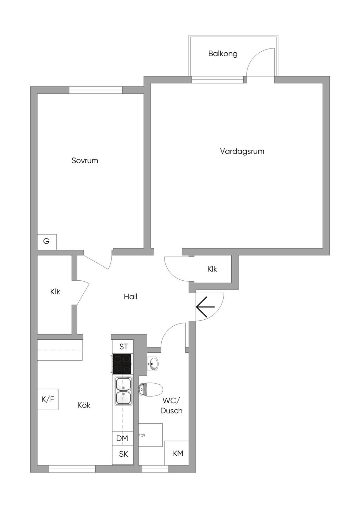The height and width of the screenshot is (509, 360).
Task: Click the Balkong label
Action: [223, 54]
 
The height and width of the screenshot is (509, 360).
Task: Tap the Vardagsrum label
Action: [242, 151]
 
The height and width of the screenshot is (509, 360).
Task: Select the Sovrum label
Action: [85, 161]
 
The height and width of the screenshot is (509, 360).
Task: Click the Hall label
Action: [130, 296]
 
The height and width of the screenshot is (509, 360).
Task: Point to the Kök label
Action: [84, 405]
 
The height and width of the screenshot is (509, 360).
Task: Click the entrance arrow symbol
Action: [205, 307]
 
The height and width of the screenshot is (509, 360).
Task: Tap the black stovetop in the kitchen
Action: [122, 364]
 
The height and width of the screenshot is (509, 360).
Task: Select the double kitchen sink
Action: [123, 390]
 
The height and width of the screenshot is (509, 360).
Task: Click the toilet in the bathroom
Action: [151, 389]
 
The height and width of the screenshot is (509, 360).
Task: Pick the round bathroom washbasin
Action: [153, 363]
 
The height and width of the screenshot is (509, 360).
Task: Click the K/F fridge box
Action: [48, 399]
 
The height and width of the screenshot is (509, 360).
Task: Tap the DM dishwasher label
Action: [122, 438]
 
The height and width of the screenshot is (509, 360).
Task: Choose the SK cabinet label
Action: [123, 454]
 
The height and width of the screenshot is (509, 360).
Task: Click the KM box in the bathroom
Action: [178, 453]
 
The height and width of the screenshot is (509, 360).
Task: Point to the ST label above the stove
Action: [123, 347]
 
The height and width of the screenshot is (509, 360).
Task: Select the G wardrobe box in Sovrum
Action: [46, 241]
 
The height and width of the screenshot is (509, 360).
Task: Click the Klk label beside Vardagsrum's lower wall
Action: [212, 269]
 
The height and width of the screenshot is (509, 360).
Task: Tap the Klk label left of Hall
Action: [55, 292]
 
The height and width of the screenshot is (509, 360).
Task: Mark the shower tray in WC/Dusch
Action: [150, 435]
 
